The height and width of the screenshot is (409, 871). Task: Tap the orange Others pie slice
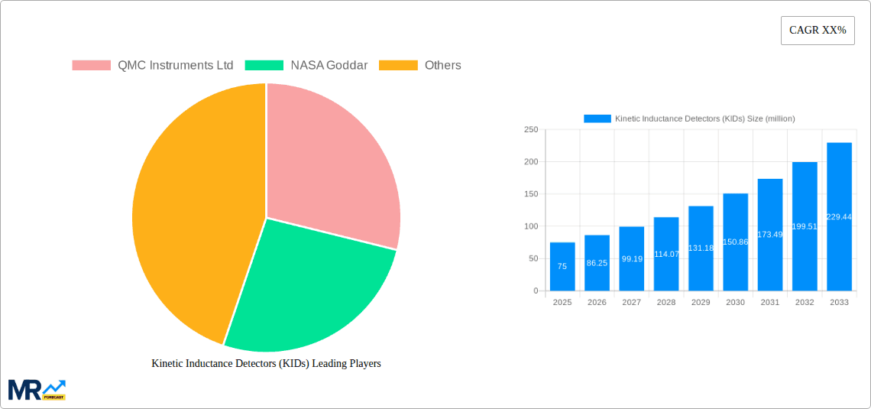[x=195, y=214]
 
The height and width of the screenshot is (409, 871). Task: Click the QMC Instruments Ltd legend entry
[x=153, y=65]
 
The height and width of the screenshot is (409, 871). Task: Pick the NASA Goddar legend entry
[x=306, y=65]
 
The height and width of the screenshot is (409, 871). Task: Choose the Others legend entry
[x=420, y=65]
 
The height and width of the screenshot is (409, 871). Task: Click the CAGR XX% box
[x=818, y=31]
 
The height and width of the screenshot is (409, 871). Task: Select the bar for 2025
[x=562, y=267]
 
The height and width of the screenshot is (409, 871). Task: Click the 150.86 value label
[x=735, y=242]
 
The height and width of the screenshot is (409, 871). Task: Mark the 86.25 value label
[x=597, y=262]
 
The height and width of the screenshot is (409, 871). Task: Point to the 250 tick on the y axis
[x=530, y=130]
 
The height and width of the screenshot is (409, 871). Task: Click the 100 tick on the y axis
[x=530, y=226]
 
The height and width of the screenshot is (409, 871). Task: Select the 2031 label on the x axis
[x=770, y=303]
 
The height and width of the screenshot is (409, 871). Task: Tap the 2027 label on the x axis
[x=632, y=303]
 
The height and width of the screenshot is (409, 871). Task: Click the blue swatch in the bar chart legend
[x=597, y=118]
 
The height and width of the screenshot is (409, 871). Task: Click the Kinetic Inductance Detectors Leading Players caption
[x=266, y=363]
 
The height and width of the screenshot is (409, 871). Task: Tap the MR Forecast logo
[x=37, y=389]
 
